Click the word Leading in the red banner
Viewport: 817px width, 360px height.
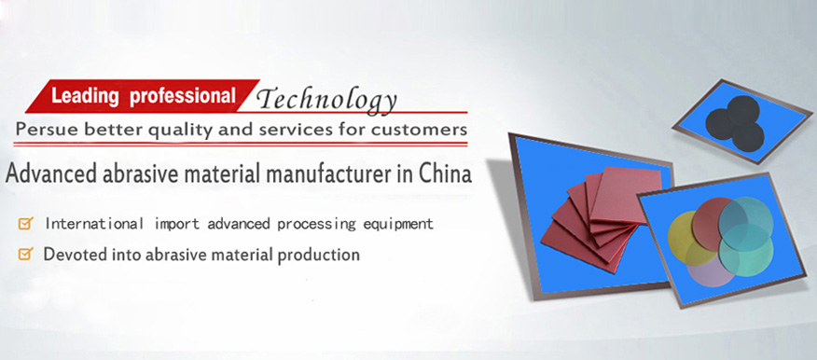point(86,96)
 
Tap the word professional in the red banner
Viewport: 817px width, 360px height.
point(182,96)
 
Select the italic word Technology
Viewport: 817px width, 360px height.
point(327,101)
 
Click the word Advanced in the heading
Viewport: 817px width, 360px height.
point(51,174)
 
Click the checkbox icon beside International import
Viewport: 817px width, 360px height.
point(25,224)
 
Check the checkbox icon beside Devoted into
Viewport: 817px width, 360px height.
point(25,254)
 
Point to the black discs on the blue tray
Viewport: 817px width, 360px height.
point(736,123)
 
